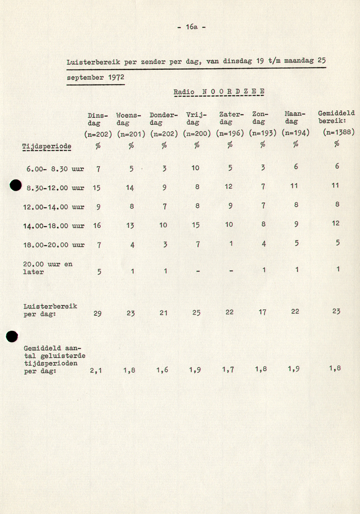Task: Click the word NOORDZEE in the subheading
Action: tap(233, 91)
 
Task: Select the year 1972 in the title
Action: tap(116, 77)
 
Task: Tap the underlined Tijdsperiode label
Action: tap(47, 146)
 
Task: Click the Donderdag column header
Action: tap(164, 119)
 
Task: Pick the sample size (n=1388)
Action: tap(338, 132)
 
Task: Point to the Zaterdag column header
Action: tap(231, 118)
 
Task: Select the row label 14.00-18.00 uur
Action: tap(53, 226)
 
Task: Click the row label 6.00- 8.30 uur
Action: tap(55, 169)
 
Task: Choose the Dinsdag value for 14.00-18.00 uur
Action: tap(97, 225)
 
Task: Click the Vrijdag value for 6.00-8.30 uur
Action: tap(195, 168)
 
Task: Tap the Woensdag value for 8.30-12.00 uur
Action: tap(130, 187)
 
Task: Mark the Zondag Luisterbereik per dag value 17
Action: tap(262, 312)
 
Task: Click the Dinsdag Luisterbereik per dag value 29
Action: tap(97, 314)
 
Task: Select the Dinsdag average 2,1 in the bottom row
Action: tap(96, 370)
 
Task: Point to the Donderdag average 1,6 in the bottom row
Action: tap(162, 370)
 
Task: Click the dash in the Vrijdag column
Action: tap(198, 271)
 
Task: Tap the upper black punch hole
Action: tap(16, 185)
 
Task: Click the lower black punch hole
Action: tap(12, 336)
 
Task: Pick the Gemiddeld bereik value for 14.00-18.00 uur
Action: tap(336, 223)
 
